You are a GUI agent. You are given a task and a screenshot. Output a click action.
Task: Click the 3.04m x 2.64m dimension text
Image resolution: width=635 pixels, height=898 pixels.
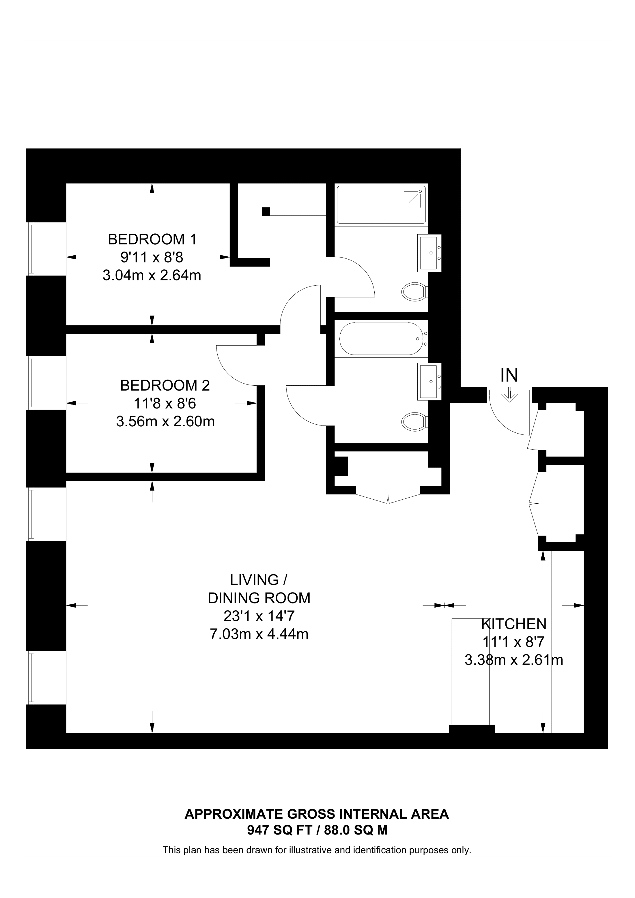point(152,275)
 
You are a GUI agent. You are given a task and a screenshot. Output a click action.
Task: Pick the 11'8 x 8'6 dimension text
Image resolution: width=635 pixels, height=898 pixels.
point(165,403)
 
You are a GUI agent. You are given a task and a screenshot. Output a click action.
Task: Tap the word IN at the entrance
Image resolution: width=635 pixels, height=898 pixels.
point(509,376)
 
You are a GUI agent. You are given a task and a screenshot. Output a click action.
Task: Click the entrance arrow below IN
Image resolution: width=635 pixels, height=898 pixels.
point(509,395)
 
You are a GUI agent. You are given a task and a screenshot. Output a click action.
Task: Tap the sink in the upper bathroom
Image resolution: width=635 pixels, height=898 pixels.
point(429,253)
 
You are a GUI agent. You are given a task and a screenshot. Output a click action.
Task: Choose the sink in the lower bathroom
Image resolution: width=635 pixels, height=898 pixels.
point(429,382)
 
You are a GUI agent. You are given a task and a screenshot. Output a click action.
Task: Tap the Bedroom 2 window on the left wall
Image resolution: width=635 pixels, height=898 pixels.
point(31,383)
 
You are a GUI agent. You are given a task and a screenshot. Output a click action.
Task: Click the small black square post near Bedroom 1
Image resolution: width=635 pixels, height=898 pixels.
point(266,211)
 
